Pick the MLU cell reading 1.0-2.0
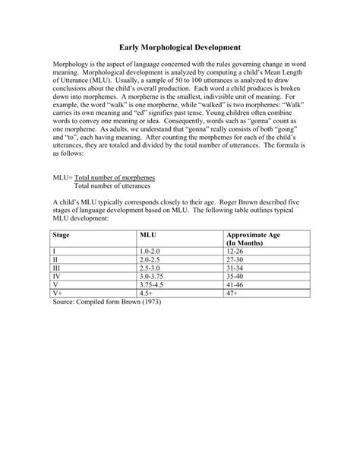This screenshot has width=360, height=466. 150,250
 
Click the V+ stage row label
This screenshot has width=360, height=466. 58,293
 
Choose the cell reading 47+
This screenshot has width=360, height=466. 232,293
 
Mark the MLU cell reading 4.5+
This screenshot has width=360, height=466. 146,293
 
